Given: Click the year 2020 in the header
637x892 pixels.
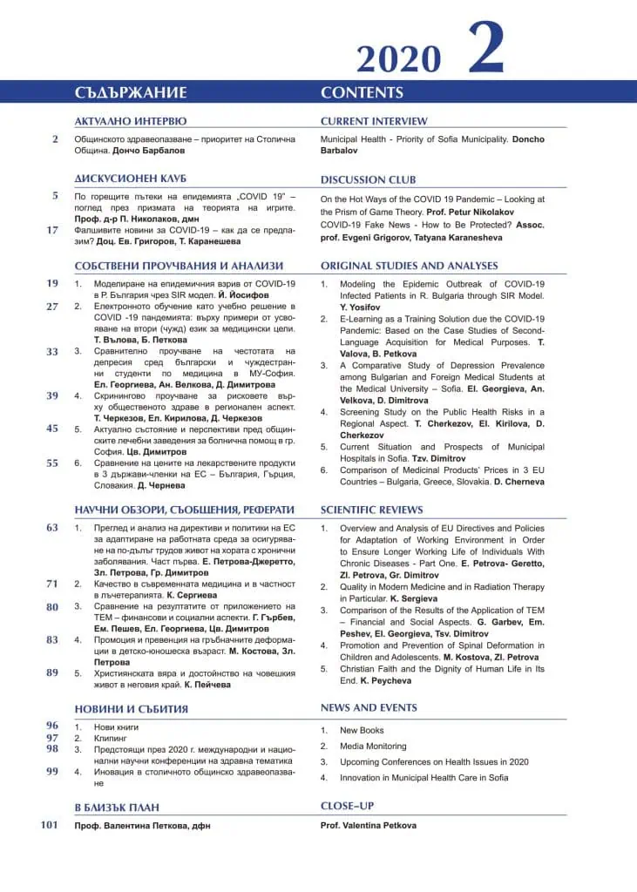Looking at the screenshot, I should pos(398,59).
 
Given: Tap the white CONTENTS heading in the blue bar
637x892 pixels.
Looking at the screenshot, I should pos(362,93).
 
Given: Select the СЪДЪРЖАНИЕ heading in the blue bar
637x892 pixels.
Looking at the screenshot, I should pos(131,93).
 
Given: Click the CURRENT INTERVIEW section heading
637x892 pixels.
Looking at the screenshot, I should pos(374,122).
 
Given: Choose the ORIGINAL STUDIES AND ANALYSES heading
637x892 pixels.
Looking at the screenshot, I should pos(409,266).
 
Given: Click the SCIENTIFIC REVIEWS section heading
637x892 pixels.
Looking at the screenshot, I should pos(371,510).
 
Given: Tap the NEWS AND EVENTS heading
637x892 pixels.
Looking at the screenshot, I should pos(369,707).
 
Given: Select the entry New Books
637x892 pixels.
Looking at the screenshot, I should pos(362,731).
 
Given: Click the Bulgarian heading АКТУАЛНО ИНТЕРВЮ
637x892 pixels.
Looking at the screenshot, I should pos(131,122).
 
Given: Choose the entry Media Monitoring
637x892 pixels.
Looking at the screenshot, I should pos(373,747).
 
